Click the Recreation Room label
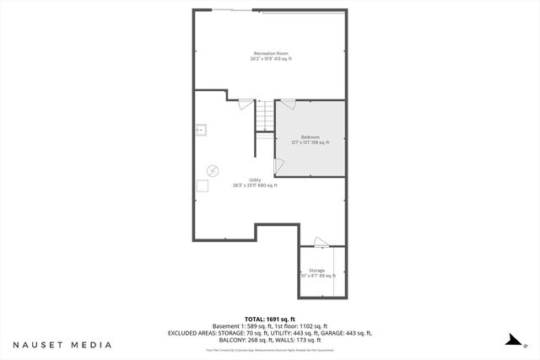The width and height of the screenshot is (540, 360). (271, 53)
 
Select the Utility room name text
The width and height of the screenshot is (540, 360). (255, 180)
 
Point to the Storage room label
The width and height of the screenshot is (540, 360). (316, 271)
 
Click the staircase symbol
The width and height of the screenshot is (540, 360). (266, 117)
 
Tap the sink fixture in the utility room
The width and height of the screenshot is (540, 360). (201, 130)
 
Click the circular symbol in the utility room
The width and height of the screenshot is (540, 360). (213, 169)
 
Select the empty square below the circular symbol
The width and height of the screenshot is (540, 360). (202, 185)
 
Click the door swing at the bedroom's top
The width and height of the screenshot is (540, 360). (288, 104)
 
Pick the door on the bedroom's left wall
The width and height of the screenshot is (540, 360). (278, 166)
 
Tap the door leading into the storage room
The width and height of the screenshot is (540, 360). (321, 244)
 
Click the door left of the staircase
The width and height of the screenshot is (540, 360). (246, 104)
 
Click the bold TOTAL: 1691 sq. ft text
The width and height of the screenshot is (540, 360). (270, 319)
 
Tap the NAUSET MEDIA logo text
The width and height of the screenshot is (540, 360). (62, 345)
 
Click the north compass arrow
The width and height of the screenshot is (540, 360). (512, 341)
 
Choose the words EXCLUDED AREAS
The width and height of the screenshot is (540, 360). (192, 333)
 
